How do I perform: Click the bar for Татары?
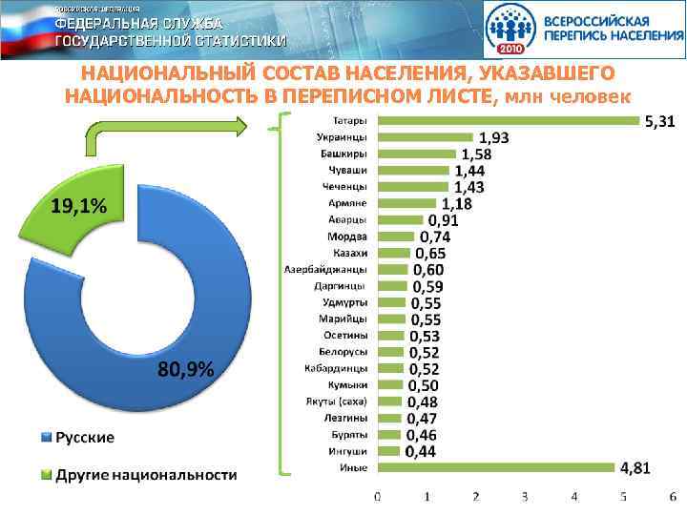point(509,120)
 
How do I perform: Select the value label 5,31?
point(661,122)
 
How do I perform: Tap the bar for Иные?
point(496,467)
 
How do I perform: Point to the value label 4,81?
point(637,468)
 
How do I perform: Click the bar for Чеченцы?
point(413,186)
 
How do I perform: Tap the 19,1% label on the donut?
point(78,206)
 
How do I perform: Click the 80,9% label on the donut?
point(185,369)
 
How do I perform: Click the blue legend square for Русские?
point(46,438)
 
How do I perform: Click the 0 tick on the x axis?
point(378,497)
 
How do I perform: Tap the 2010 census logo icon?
point(513,31)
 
